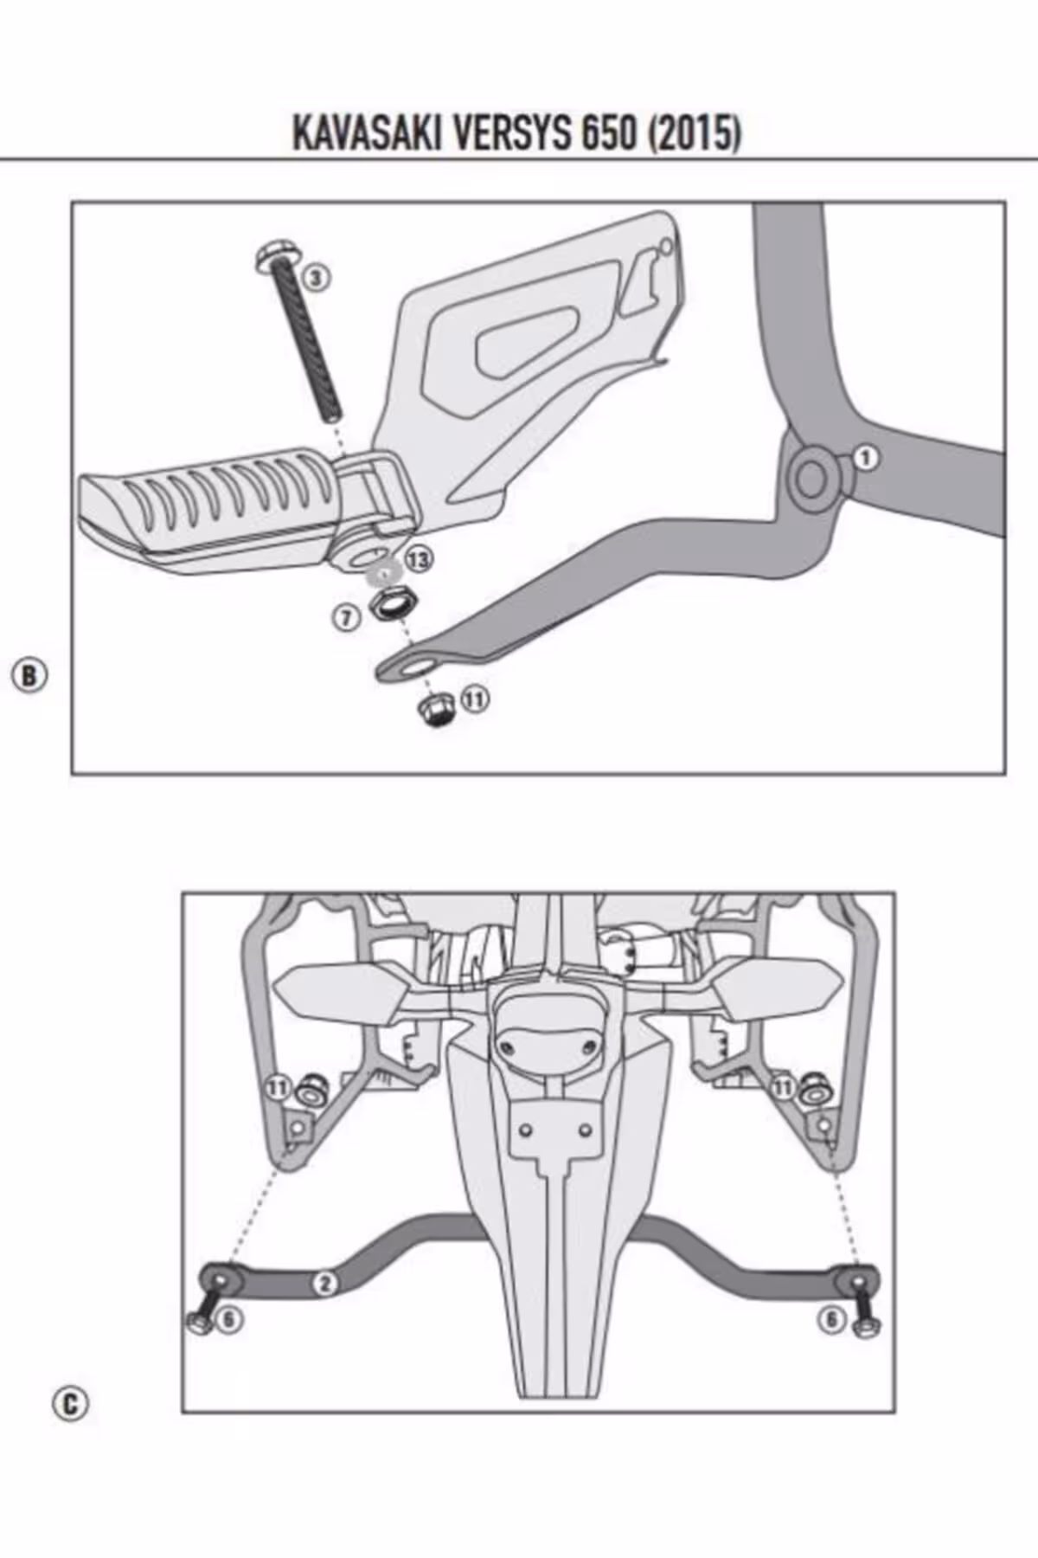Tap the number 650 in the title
click(609, 134)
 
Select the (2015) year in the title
click(695, 134)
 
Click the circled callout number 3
click(317, 277)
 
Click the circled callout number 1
click(866, 458)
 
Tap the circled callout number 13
click(419, 560)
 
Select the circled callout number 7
click(346, 617)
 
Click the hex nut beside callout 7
click(394, 602)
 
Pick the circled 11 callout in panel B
click(474, 698)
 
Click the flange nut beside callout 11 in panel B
click(435, 712)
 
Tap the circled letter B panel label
click(29, 675)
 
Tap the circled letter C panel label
click(70, 1403)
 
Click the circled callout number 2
click(324, 1283)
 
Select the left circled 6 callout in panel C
click(230, 1320)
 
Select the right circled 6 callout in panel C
click(831, 1320)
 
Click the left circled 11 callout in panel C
click(278, 1087)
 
